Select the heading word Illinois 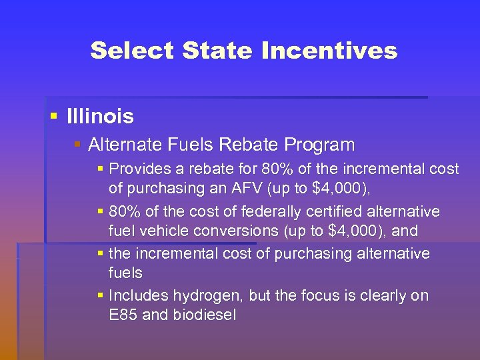pos(100,117)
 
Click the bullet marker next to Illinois pos(54,117)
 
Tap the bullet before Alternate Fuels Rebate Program pos(77,144)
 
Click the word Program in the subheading pos(319,144)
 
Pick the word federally pos(249,212)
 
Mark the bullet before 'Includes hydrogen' pos(100,295)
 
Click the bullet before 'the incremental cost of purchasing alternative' pos(100,253)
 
